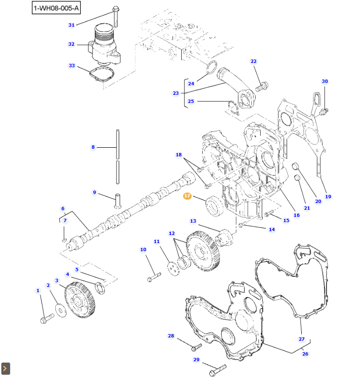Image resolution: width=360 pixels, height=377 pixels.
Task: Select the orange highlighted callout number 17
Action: pyautogui.click(x=187, y=196)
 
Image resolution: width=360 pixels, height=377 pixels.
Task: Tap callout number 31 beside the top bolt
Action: pyautogui.click(x=72, y=25)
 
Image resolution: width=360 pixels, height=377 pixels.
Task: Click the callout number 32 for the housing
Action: pyautogui.click(x=72, y=44)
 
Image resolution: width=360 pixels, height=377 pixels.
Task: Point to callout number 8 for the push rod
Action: pyautogui.click(x=93, y=147)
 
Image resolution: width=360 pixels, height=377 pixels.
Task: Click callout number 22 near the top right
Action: pyautogui.click(x=253, y=61)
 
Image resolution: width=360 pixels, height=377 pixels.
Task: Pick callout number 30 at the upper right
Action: pyautogui.click(x=325, y=82)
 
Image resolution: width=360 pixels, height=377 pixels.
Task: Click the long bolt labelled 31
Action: pyautogui.click(x=116, y=17)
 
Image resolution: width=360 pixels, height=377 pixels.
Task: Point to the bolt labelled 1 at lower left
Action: pyautogui.click(x=46, y=318)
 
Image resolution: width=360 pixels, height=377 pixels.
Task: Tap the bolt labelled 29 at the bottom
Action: pyautogui.click(x=217, y=369)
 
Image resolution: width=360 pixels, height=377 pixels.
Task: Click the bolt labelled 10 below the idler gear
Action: pyautogui.click(x=154, y=275)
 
